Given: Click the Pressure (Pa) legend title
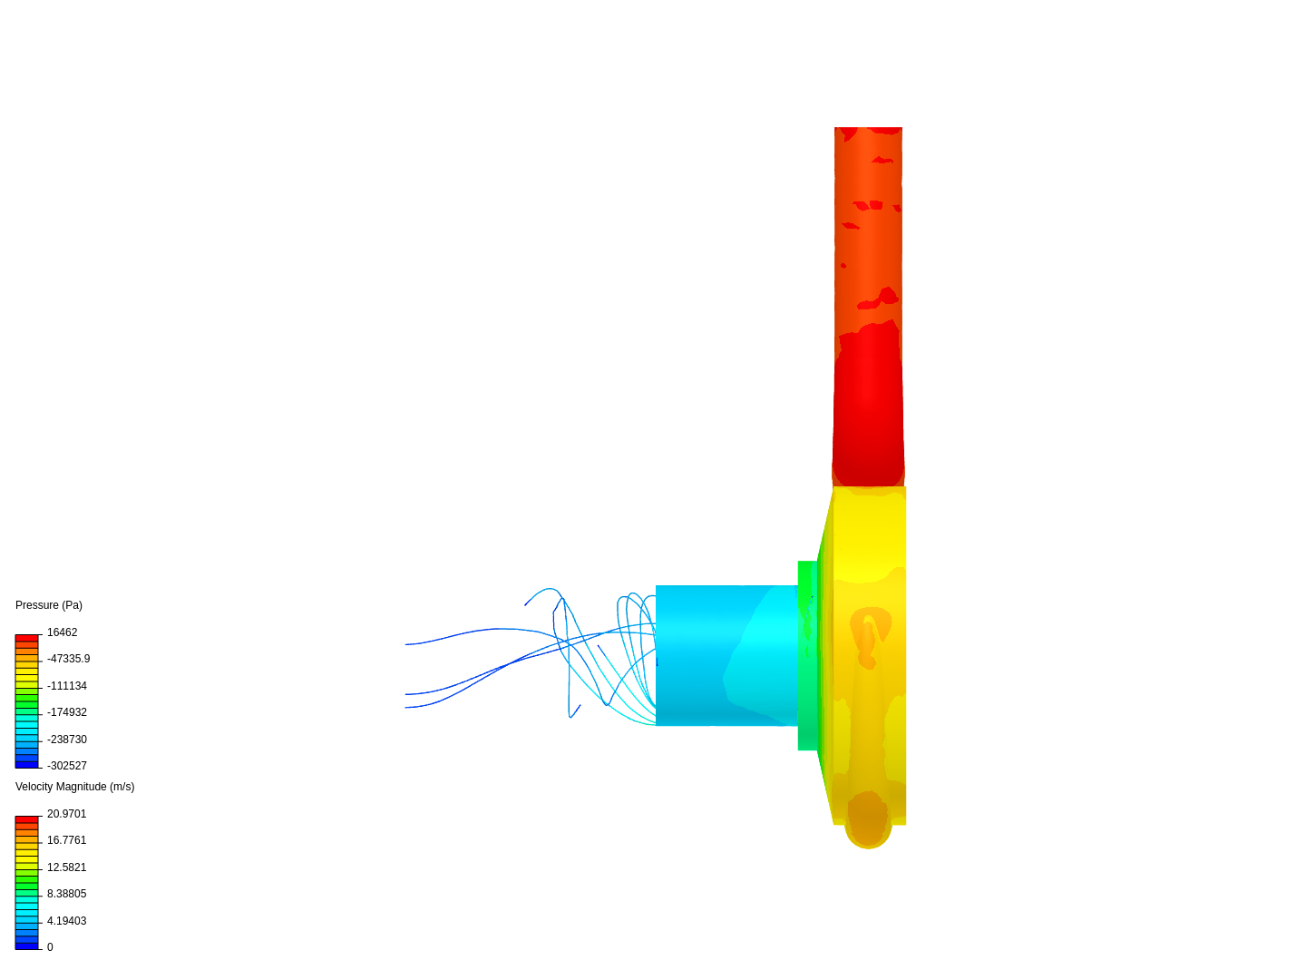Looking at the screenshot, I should pos(49,605).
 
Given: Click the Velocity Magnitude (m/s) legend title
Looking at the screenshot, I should pos(74,787).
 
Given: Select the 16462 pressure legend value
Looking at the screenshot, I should pos(62,632).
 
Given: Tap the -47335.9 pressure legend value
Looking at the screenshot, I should pos(68,659).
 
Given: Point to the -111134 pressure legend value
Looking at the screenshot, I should pos(67,686).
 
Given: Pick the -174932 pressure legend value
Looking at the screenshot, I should pos(67,712).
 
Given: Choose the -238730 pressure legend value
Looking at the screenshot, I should pos(67,740).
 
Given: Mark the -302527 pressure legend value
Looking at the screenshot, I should pos(67,766).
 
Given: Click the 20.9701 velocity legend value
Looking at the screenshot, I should pos(66,814).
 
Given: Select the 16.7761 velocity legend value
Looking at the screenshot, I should pos(66,840).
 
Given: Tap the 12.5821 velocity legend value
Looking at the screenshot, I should pos(66,867).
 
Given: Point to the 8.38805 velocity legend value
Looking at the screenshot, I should pos(66,894).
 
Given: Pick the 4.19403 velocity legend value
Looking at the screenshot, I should pos(66,921).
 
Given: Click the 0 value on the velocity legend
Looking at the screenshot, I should pos(50,947).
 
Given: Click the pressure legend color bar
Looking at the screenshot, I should pos(27,701).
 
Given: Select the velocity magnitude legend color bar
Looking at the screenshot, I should pos(27,883).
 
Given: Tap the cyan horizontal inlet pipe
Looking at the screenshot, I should pos(726,655).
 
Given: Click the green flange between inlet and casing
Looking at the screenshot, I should pos(807,655).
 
